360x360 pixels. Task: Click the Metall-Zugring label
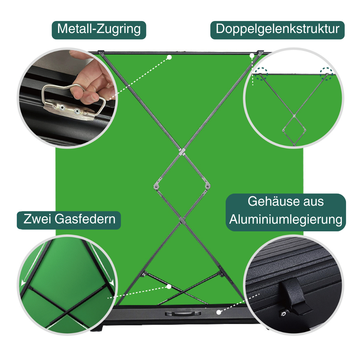tap(99, 30)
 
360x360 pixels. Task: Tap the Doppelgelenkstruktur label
tap(277, 30)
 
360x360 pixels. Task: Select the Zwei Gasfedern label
tap(69, 219)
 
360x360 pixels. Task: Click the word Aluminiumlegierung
tap(286, 220)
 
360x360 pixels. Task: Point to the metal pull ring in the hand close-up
tap(71, 100)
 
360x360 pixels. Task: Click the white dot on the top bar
tap(169, 57)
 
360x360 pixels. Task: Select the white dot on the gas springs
tap(169, 286)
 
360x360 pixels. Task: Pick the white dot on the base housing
tap(219, 312)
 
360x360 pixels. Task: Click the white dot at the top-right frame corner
tap(252, 56)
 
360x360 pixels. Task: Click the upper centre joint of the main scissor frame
tap(182, 152)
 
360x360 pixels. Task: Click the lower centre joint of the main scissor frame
tap(182, 220)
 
